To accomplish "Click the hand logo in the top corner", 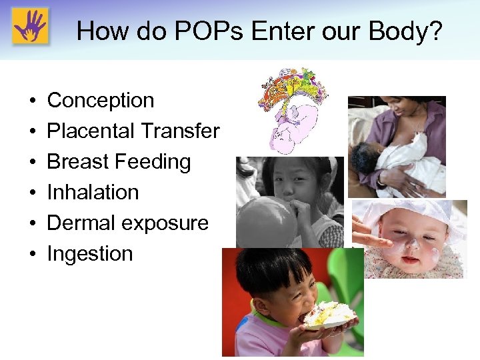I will coord(30,28).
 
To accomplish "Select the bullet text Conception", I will coord(101,100).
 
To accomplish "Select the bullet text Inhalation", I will coord(93,192).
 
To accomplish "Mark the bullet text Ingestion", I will coord(90,253).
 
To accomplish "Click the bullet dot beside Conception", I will coord(32,101).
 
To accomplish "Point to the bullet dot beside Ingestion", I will coord(32,255).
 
